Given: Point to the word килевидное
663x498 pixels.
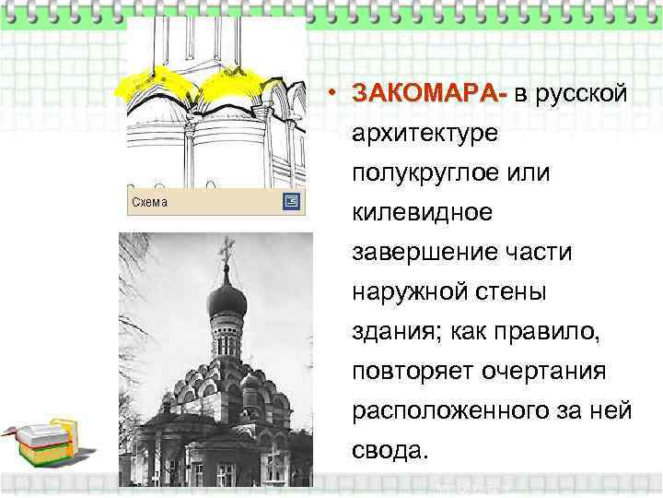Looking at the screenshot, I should [422, 213].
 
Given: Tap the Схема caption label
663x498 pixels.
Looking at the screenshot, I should [149, 201].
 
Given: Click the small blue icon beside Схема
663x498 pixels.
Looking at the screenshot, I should [291, 201].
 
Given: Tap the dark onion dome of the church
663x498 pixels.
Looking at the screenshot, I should [227, 300].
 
